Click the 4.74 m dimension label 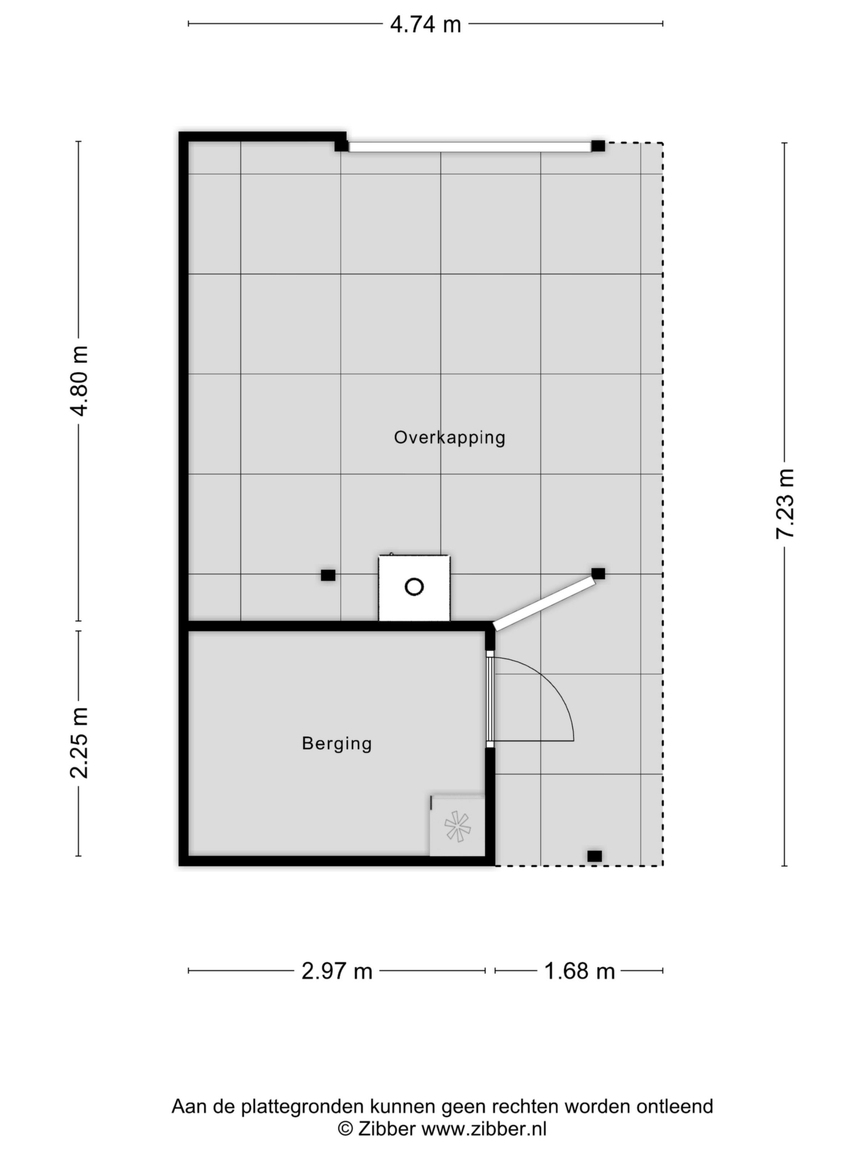[x=426, y=24]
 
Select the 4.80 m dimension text [x=80, y=380]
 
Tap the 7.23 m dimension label [x=785, y=503]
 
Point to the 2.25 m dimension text [x=80, y=743]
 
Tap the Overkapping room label [x=449, y=437]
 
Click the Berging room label [x=337, y=744]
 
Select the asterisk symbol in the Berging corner [x=457, y=827]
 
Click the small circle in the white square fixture [x=414, y=587]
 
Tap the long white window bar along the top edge [x=470, y=147]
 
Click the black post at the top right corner [x=598, y=146]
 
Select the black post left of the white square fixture [x=328, y=575]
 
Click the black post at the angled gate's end [x=598, y=573]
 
